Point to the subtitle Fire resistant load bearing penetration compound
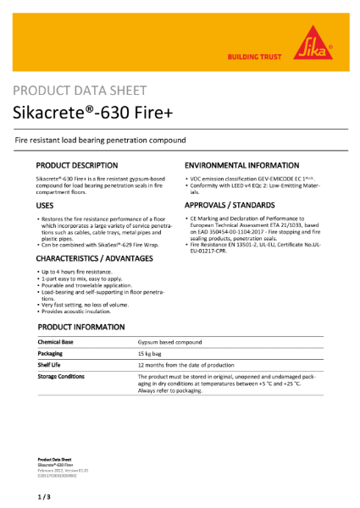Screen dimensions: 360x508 tap(101, 140)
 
